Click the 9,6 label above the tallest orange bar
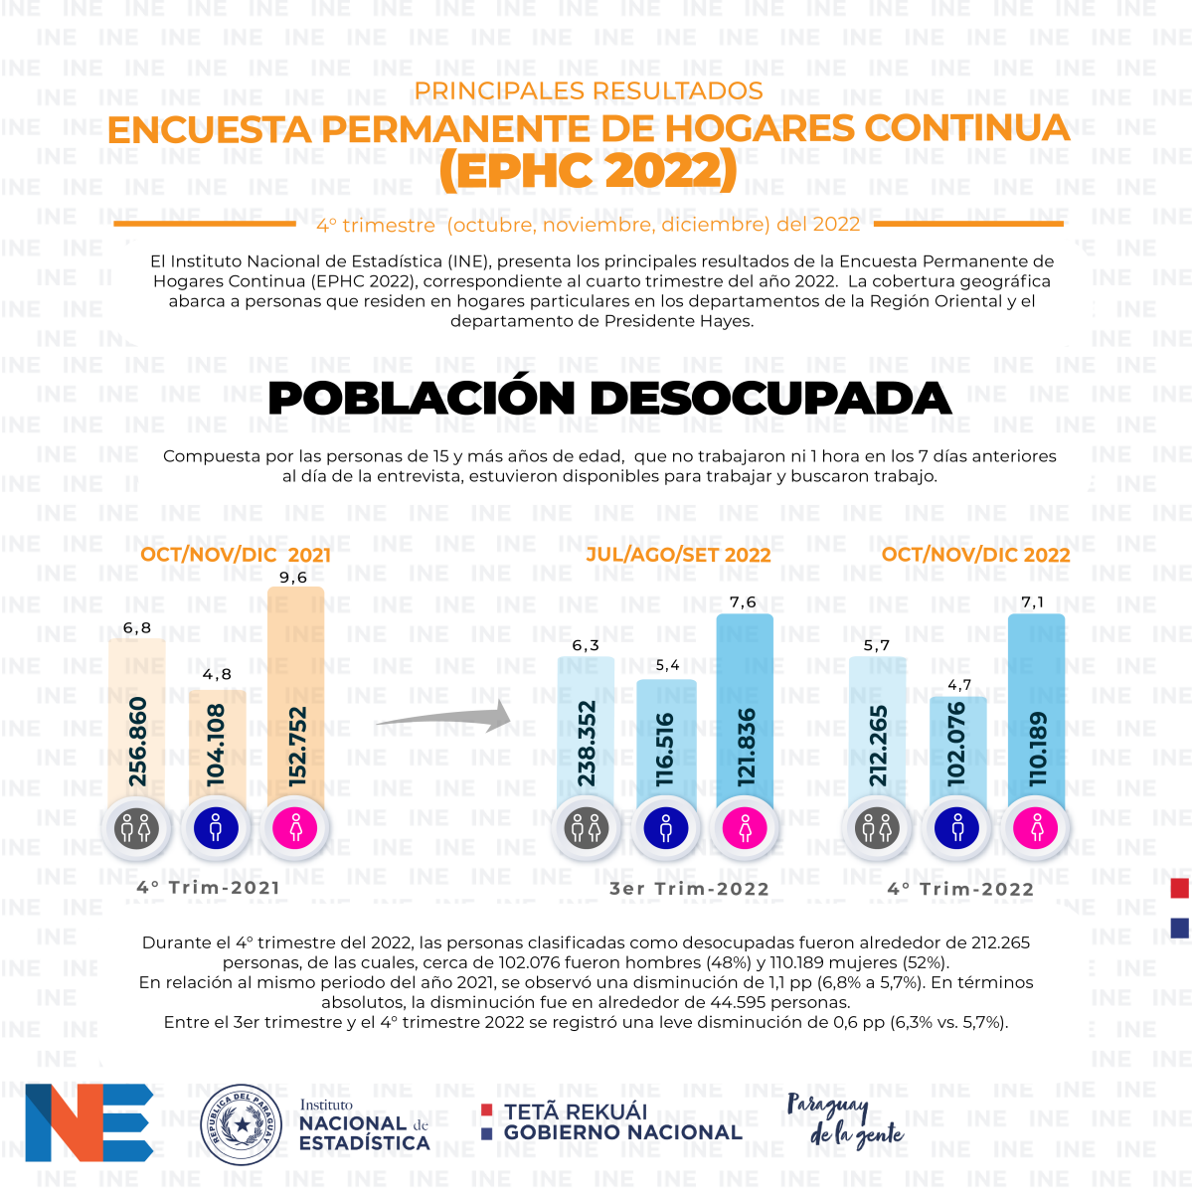[293, 578]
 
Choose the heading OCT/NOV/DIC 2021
[236, 554]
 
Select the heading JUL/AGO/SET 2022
[678, 554]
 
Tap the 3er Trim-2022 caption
[689, 889]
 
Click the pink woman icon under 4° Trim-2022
[1036, 828]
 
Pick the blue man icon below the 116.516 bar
[665, 828]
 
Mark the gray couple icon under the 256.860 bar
[137, 828]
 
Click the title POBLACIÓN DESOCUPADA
[609, 398]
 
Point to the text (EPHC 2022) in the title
[589, 169]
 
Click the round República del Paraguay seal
[241, 1124]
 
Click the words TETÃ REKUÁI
[576, 1111]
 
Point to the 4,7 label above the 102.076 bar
[959, 685]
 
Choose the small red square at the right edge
[1179, 888]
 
